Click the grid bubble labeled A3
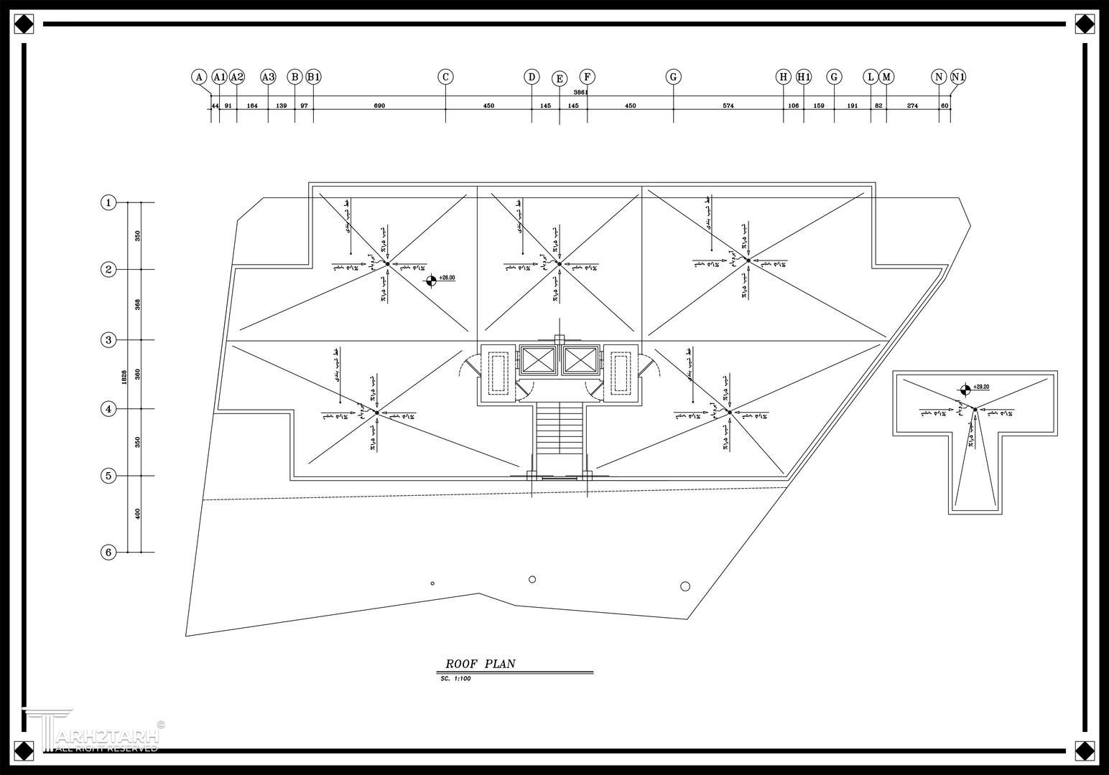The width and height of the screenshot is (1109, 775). click(268, 77)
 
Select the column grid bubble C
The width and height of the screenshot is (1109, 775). click(445, 77)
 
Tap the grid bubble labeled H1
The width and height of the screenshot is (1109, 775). click(804, 77)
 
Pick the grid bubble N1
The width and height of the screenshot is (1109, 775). click(958, 77)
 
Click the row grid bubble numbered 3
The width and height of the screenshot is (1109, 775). click(108, 340)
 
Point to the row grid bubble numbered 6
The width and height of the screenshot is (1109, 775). click(108, 552)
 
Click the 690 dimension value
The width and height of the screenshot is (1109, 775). click(379, 106)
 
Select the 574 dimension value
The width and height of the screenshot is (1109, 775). click(728, 106)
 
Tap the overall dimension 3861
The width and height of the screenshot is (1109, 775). click(580, 93)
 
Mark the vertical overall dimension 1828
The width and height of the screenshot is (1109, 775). click(124, 377)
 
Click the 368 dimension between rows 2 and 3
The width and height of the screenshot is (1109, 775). click(138, 304)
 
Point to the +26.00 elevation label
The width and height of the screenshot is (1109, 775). click(447, 278)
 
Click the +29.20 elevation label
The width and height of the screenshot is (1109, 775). click(981, 387)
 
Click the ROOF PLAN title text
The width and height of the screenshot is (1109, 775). click(480, 664)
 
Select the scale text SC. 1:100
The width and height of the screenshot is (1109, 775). click(455, 679)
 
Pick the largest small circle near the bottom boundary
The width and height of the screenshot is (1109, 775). click(685, 586)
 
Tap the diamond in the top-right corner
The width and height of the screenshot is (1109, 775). click(1085, 24)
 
